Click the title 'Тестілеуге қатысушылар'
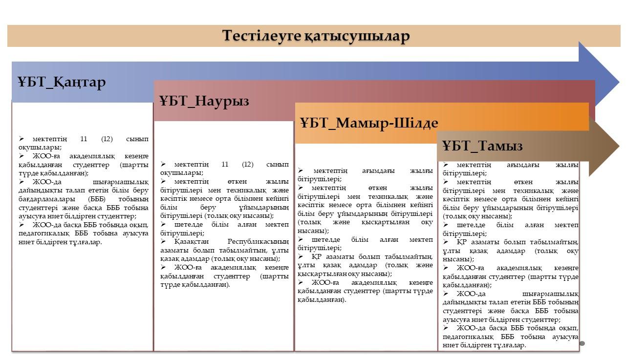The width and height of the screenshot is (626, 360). pyautogui.click(x=316, y=36)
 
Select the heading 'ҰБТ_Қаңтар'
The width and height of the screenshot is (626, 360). pyautogui.click(x=62, y=82)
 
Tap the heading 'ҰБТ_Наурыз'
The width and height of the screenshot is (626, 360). pyautogui.click(x=204, y=101)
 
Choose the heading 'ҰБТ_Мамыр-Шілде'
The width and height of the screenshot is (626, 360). pyautogui.click(x=369, y=123)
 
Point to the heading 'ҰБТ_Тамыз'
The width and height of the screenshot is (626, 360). pyautogui.click(x=482, y=146)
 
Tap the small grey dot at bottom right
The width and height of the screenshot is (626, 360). pyautogui.click(x=582, y=343)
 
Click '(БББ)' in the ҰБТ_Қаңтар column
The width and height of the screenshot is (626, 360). pyautogui.click(x=96, y=199)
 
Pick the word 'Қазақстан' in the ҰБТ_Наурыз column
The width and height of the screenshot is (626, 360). pyautogui.click(x=192, y=241)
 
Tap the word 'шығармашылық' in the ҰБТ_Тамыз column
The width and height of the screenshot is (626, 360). pyautogui.click(x=550, y=294)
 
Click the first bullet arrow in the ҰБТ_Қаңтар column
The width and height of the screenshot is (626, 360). pyautogui.click(x=22, y=139)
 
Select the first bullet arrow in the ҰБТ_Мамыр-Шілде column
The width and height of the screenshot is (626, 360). pyautogui.click(x=301, y=170)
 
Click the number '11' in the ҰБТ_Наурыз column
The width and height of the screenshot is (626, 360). pyautogui.click(x=225, y=164)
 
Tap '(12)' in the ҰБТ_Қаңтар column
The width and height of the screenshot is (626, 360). pyautogui.click(x=107, y=139)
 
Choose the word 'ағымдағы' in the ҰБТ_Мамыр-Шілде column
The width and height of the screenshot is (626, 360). pyautogui.click(x=378, y=171)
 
